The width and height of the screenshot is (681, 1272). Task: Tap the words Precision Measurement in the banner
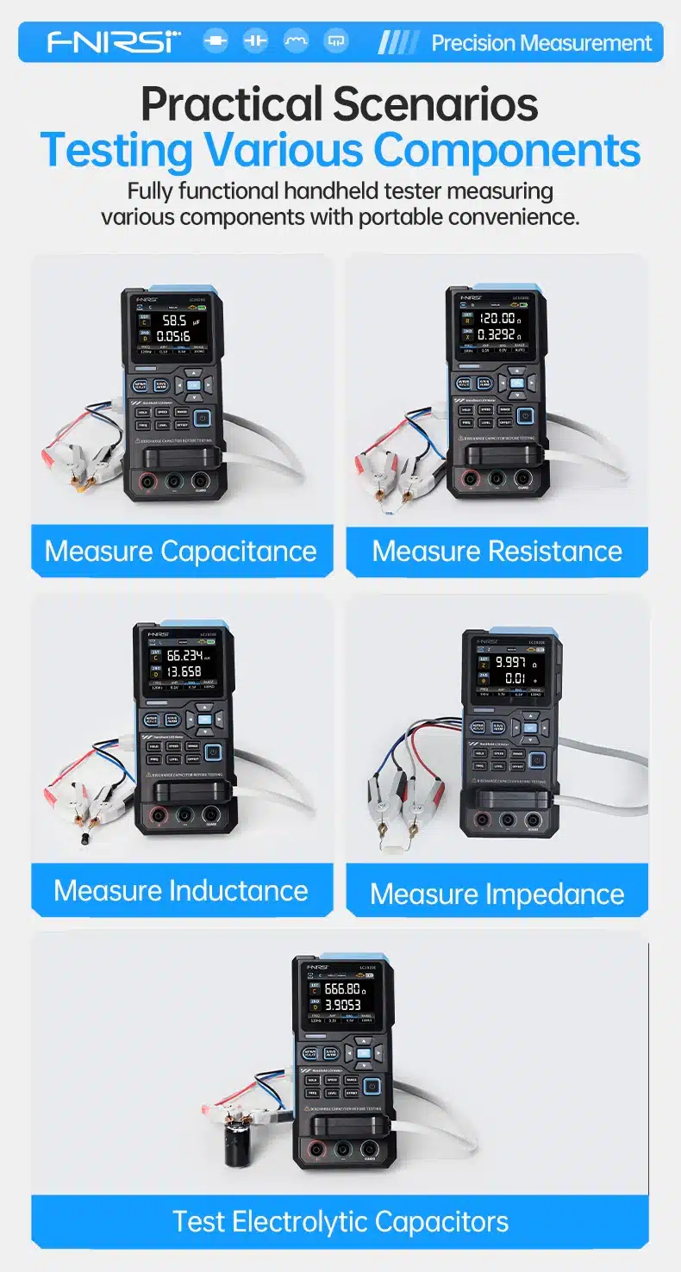pyautogui.click(x=541, y=43)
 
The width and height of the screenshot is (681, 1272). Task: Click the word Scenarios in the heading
pyautogui.click(x=435, y=105)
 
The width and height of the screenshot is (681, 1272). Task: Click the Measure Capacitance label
pyautogui.click(x=181, y=551)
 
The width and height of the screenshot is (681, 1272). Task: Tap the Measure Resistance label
pyautogui.click(x=497, y=551)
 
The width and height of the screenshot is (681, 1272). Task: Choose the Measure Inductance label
pyautogui.click(x=181, y=890)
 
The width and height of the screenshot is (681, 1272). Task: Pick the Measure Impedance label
pyautogui.click(x=497, y=894)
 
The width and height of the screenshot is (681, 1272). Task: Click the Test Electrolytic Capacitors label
pyautogui.click(x=340, y=1221)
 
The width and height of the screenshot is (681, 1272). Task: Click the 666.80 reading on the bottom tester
pyautogui.click(x=341, y=988)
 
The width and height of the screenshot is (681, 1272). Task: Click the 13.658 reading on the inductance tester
pyautogui.click(x=184, y=671)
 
